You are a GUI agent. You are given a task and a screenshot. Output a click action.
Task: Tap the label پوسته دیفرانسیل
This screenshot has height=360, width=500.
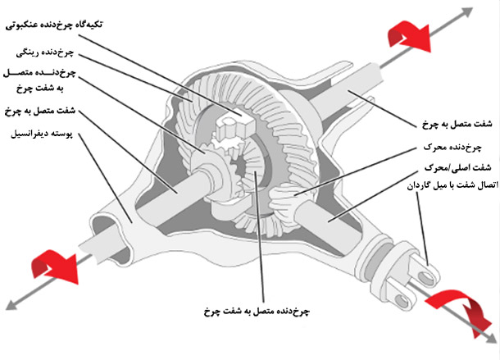pos(42,133)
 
